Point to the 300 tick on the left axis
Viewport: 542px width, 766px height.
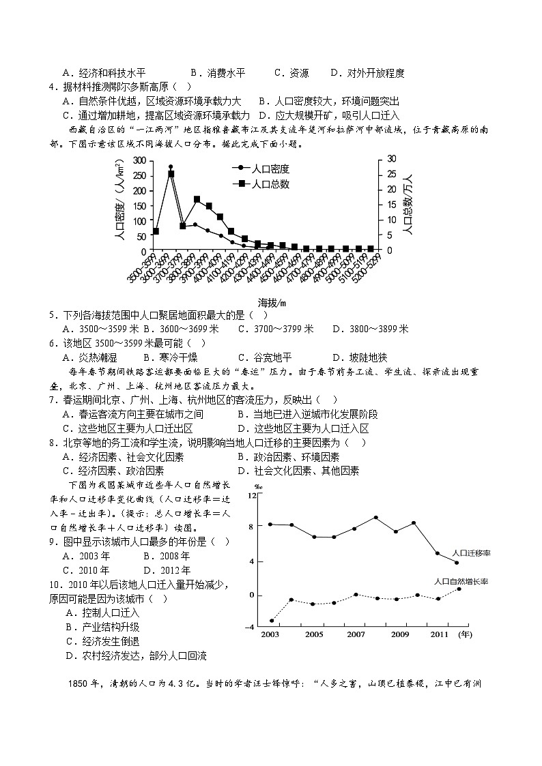coord(139,160)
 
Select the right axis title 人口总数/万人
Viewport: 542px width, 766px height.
coord(408,205)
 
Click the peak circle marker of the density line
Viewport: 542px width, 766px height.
coord(171,166)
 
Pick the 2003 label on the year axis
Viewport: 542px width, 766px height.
coord(270,634)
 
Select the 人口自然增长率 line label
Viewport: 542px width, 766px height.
coord(462,582)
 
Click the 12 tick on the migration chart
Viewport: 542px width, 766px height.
coord(251,495)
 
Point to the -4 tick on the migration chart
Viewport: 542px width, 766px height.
coord(250,626)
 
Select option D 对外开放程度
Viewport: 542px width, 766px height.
coord(367,73)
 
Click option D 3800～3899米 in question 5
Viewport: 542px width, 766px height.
coord(370,329)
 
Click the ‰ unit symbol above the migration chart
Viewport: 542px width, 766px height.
coord(259,486)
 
